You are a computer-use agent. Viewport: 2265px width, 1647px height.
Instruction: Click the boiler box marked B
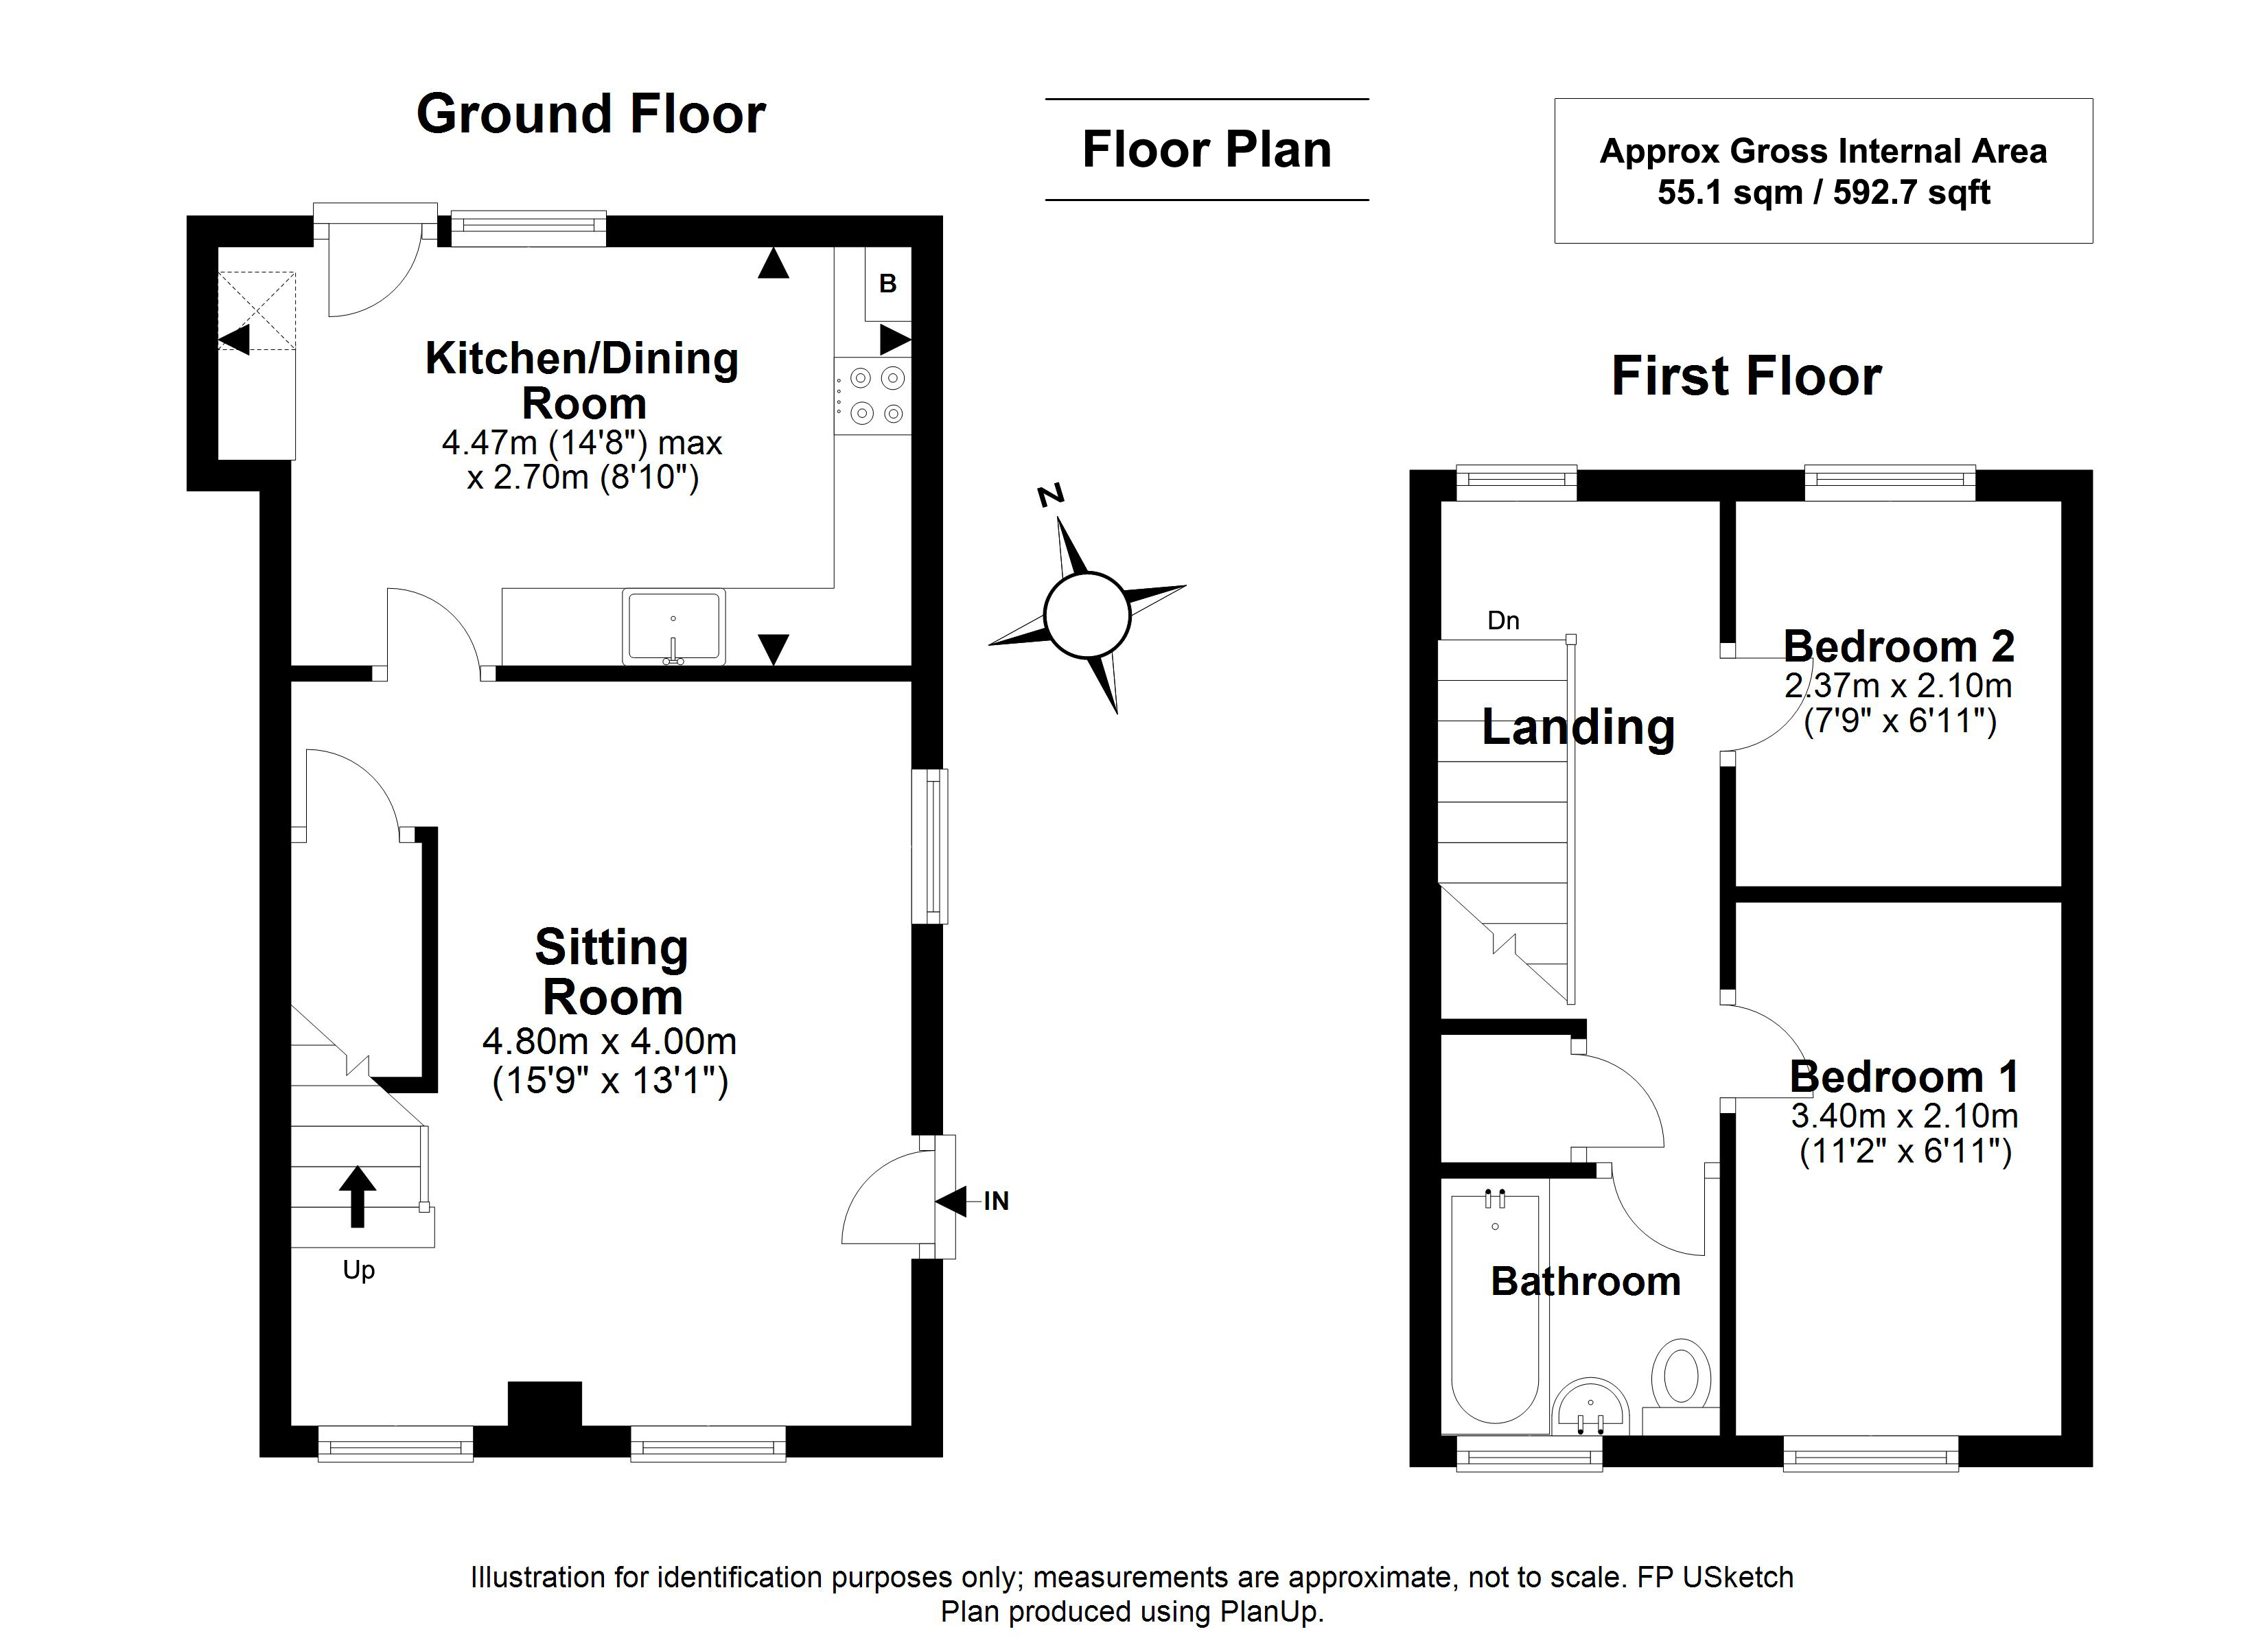(x=888, y=283)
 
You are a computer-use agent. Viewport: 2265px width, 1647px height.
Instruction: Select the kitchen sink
(x=674, y=627)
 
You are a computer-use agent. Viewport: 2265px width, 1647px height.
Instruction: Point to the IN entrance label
(x=996, y=1202)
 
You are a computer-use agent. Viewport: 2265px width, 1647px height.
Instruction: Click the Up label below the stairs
(x=358, y=1270)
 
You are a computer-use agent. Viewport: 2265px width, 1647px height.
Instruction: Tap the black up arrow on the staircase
(x=358, y=1195)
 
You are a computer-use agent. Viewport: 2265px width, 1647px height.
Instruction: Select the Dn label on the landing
(x=1503, y=620)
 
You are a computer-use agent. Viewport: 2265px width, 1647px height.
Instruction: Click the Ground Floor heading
(x=591, y=114)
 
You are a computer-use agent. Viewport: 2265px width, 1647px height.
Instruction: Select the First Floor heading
(x=1747, y=377)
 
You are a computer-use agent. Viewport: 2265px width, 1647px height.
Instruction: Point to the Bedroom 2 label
(x=1898, y=646)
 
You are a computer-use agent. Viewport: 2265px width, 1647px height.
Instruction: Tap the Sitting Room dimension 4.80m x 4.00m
(x=609, y=1042)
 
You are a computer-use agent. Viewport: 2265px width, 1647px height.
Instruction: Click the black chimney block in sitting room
(x=545, y=1404)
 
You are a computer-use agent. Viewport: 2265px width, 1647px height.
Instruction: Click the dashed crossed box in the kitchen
(x=257, y=311)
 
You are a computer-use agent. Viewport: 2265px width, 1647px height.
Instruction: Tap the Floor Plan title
(x=1207, y=150)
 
